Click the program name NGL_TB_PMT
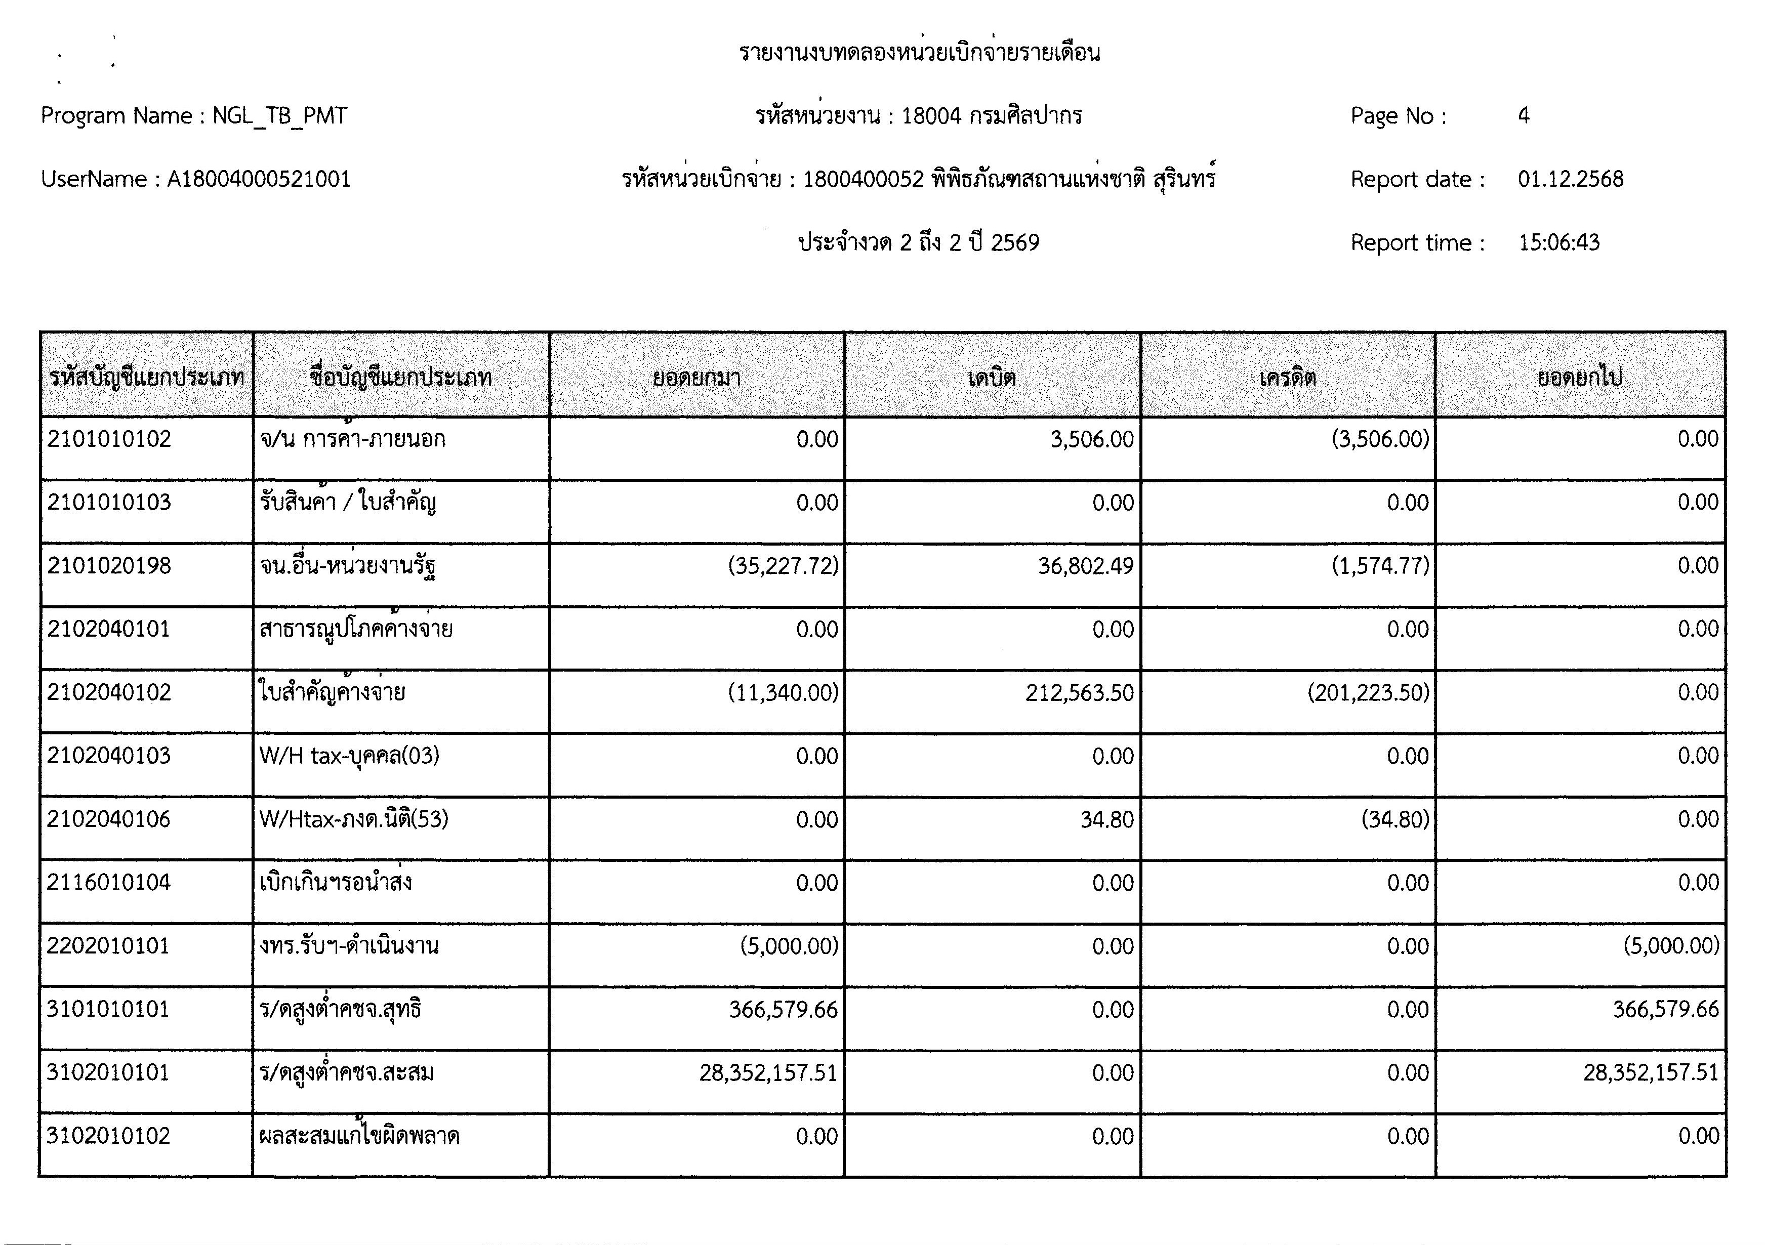280,116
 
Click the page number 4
1523,116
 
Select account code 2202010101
108,945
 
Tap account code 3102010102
108,1136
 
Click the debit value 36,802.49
1085,566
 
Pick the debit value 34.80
1107,820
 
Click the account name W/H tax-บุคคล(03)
349,756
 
